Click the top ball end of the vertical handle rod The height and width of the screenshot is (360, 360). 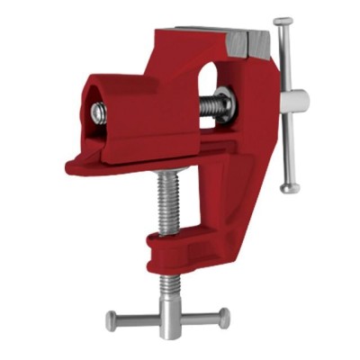click(283, 22)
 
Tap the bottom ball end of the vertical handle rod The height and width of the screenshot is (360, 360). click(285, 188)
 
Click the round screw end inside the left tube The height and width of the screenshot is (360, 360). click(100, 112)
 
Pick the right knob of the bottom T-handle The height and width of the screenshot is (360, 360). click(224, 316)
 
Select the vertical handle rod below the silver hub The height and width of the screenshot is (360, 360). click(286, 148)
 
